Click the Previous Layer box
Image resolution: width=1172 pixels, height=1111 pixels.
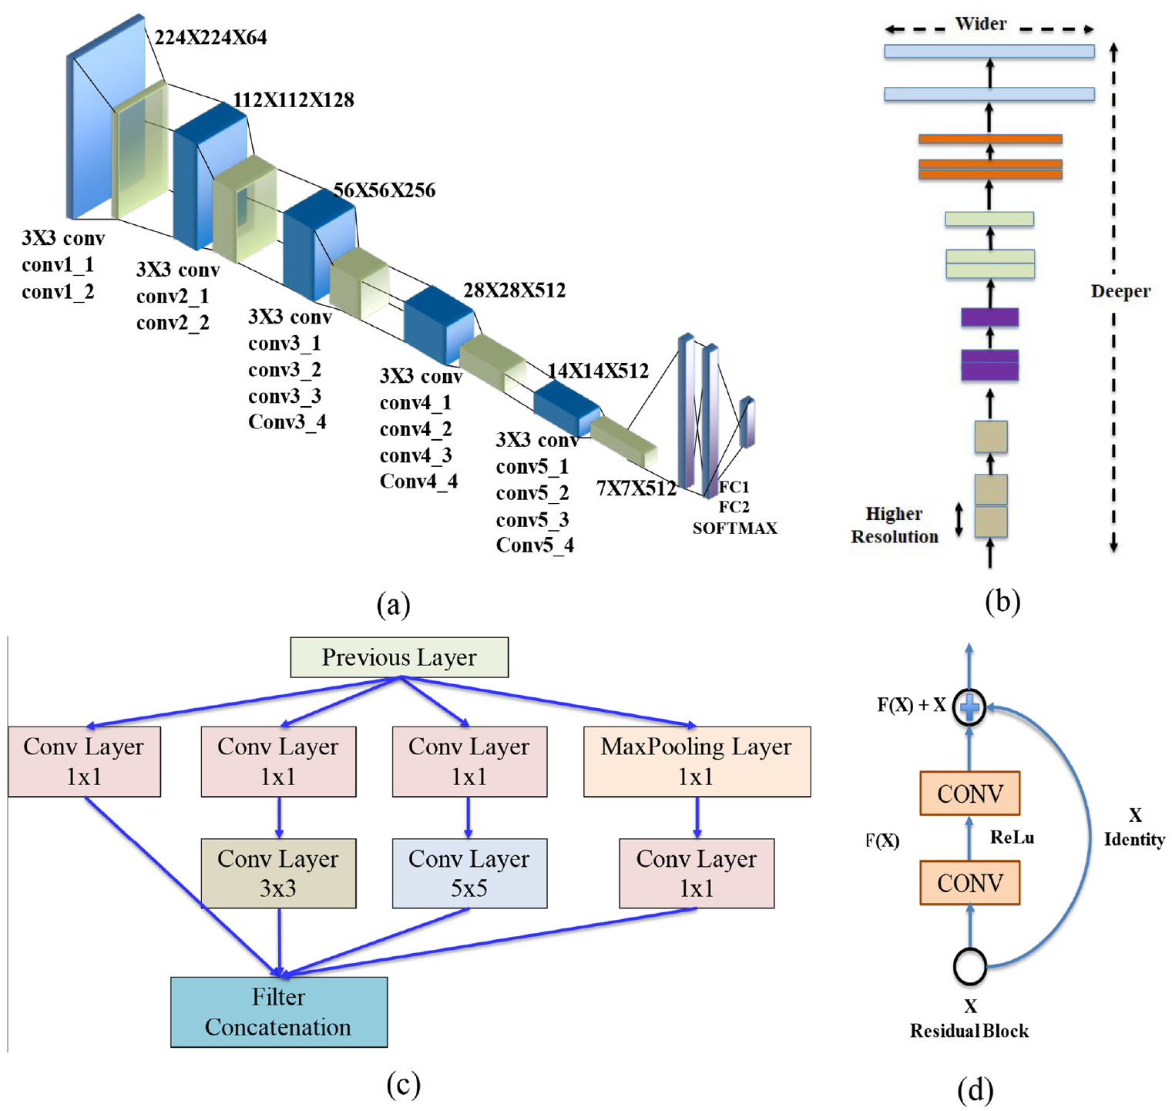click(x=399, y=657)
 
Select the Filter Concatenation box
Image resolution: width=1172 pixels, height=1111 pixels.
click(x=279, y=1012)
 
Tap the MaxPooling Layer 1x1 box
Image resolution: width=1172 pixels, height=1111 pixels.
click(x=697, y=761)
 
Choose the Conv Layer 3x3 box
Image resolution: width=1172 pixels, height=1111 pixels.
click(x=278, y=873)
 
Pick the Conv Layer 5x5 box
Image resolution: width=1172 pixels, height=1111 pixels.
click(x=469, y=873)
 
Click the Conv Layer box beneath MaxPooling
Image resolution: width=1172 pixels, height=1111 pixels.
click(x=697, y=873)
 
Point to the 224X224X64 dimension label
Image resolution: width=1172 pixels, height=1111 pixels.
click(x=210, y=37)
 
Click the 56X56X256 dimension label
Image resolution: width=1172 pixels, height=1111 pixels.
click(x=384, y=190)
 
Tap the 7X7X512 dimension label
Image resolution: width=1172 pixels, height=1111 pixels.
click(x=636, y=488)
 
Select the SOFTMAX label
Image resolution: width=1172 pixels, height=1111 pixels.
click(x=735, y=529)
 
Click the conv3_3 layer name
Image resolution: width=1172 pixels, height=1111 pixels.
click(x=284, y=396)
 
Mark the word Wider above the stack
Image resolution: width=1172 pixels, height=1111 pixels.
click(x=981, y=24)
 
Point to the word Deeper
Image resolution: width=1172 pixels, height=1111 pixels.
click(x=1120, y=291)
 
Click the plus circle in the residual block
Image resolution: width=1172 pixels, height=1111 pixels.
click(x=969, y=707)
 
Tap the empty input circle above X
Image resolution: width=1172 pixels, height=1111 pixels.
click(x=970, y=966)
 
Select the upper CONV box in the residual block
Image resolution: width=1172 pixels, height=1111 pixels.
click(x=970, y=794)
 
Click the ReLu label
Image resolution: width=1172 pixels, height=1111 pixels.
click(x=1012, y=837)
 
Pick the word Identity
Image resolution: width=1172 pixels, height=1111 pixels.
click(x=1134, y=840)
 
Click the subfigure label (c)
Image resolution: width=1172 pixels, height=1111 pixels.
click(x=403, y=1084)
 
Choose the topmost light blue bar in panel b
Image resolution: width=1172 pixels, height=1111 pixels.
click(x=989, y=52)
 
